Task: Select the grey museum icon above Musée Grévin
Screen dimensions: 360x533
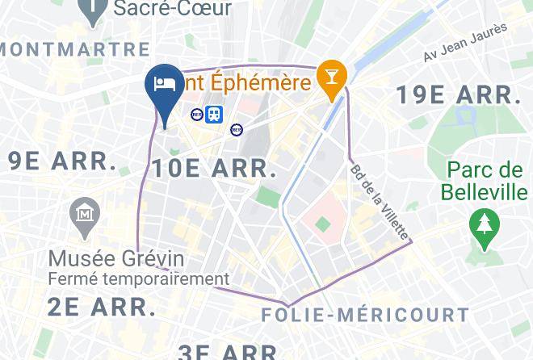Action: pos(84,214)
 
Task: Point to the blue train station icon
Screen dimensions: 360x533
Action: pos(213,115)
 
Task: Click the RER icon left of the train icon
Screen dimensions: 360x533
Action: pos(197,115)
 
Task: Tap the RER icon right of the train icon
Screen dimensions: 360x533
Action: pos(236,128)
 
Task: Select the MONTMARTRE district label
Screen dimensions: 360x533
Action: pos(75,49)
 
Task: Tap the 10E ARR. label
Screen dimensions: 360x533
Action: pos(214,169)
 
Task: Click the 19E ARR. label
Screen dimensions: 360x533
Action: pos(458,95)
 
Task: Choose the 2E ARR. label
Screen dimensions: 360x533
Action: pos(102,308)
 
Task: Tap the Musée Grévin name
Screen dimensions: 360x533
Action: pos(116,259)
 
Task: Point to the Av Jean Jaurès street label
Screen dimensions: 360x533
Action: pos(465,43)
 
